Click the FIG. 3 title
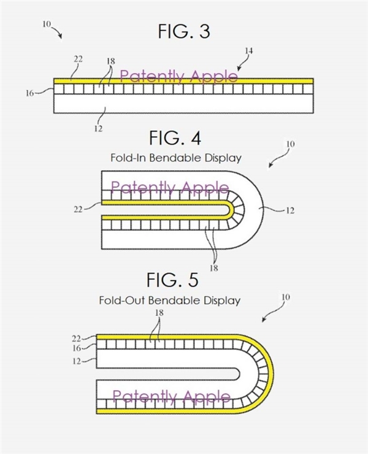pyautogui.click(x=183, y=31)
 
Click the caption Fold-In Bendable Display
pyautogui.click(x=176, y=158)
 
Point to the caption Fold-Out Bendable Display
pyautogui.click(x=169, y=301)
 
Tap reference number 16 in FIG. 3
pyautogui.click(x=29, y=93)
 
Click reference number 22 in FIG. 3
pyautogui.click(x=79, y=60)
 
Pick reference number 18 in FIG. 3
pyautogui.click(x=110, y=63)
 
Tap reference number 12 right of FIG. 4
pyautogui.click(x=290, y=210)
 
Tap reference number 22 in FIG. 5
pyautogui.click(x=77, y=338)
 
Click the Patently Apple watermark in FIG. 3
pyautogui.click(x=178, y=76)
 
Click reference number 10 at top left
pyautogui.click(x=47, y=24)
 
